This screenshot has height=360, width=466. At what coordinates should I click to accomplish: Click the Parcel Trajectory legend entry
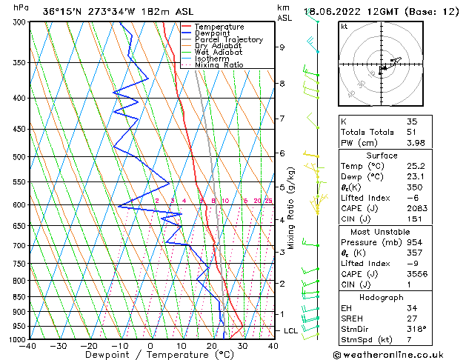click(x=228, y=39)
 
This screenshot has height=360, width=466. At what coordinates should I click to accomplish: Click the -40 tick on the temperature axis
click(x=28, y=346)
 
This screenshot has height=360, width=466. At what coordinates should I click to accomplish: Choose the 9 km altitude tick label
click(x=282, y=47)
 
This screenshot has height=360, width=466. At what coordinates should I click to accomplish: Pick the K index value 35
click(x=411, y=121)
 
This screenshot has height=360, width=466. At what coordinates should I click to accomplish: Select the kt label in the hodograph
click(x=344, y=27)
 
